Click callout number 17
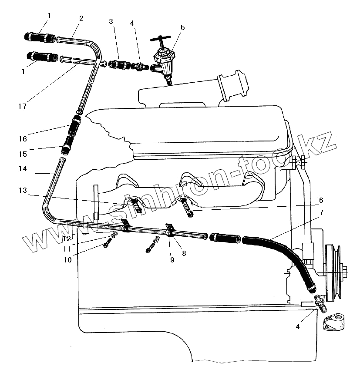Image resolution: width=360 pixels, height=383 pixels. tap(22, 106)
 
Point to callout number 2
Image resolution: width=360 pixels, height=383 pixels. tap(81, 18)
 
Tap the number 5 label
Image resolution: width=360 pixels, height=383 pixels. tap(182, 27)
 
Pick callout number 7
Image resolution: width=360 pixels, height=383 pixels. tap(321, 213)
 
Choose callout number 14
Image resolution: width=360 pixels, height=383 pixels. tap(22, 168)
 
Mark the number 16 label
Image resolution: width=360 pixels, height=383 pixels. tap(22, 139)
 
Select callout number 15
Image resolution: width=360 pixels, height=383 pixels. tap(22, 154)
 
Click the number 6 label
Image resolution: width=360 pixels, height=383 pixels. tap(321, 200)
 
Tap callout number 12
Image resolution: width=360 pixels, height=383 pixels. tap(66, 239)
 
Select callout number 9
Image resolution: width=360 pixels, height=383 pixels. tap(172, 260)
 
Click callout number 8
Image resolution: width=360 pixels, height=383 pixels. tap(184, 252)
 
